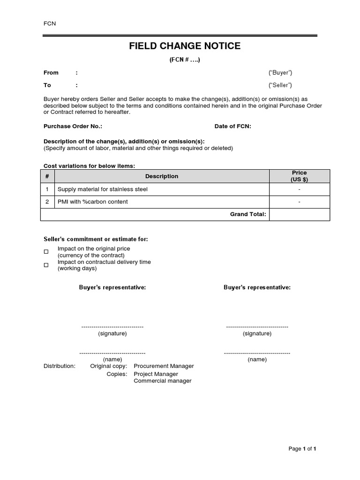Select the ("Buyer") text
[x=280, y=73]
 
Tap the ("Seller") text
[x=280, y=85]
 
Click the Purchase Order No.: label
[x=73, y=127]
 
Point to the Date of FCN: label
[x=233, y=127]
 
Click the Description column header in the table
[x=162, y=176]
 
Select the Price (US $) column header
[x=299, y=176]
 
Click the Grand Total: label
[x=248, y=214]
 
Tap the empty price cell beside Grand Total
[x=299, y=214]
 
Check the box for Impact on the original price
[x=46, y=252]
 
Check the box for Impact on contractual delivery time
[x=46, y=265]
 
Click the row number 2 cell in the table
[x=47, y=202]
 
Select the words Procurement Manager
[x=164, y=366]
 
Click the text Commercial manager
[x=162, y=381]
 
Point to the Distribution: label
[x=59, y=366]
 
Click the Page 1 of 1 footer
[x=302, y=449]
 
